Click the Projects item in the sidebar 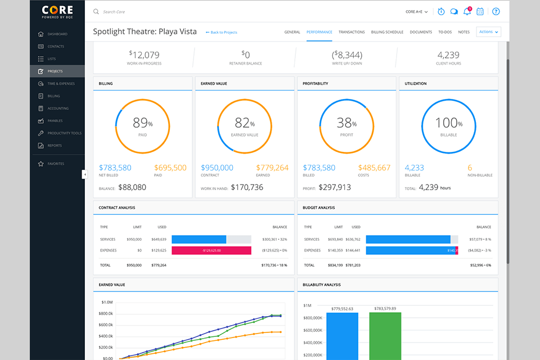[55, 71]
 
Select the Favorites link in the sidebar [56, 164]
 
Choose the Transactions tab [352, 32]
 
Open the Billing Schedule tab [387, 32]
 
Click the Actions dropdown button [488, 32]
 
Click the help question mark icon [496, 11]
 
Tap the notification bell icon [467, 11]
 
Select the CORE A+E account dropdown [417, 12]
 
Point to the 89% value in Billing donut [142, 123]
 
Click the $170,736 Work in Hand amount [247, 188]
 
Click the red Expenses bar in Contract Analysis [211, 250]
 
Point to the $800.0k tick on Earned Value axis [105, 313]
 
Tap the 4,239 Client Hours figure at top [448, 55]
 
